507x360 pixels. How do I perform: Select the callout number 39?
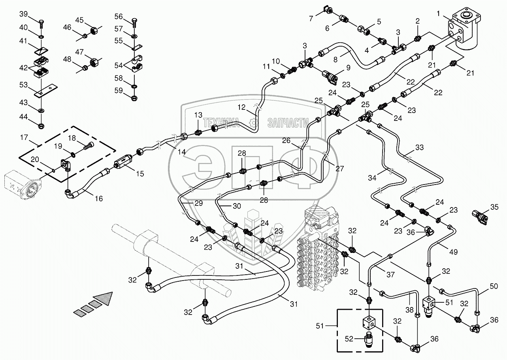pyautogui.click(x=24, y=14)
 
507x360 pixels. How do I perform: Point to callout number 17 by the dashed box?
pyautogui.click(x=24, y=138)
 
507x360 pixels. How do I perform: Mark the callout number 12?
pyautogui.click(x=241, y=107)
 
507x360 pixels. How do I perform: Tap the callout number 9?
pyautogui.click(x=348, y=68)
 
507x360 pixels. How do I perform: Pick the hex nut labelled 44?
pyautogui.click(x=42, y=126)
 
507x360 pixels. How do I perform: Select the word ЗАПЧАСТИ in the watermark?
pyautogui.click(x=288, y=122)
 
